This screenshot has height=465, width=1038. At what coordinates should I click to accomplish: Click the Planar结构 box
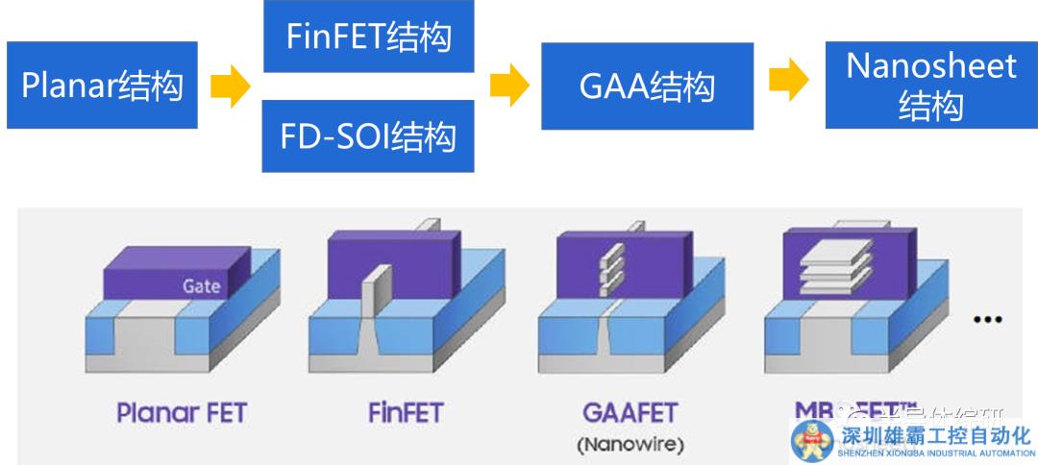point(101,86)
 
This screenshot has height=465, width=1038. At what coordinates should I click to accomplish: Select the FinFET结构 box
point(368,37)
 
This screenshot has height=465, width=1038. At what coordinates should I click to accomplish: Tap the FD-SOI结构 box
point(368,136)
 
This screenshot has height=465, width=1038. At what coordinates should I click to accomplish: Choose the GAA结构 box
point(648,86)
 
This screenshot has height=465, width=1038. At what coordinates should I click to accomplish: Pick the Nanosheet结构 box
point(930,86)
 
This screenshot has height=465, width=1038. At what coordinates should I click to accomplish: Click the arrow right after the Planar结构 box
point(232,87)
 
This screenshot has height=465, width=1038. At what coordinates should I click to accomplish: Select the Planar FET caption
point(181,413)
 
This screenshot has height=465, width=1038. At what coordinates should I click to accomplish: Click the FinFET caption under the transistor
point(406,413)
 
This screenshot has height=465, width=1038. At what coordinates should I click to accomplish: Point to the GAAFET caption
point(630,413)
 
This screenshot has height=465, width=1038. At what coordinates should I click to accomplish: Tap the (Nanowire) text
point(630,444)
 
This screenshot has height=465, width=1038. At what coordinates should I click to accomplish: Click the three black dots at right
point(988,318)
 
